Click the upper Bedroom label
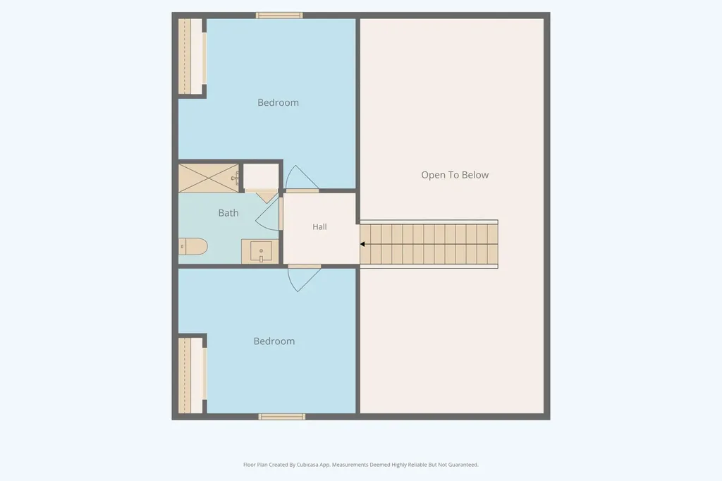pos(278,102)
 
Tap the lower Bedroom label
pos(274,341)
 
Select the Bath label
pos(228,213)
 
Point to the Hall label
pos(319,226)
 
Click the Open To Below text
pos(455,175)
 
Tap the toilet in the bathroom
pos(193,246)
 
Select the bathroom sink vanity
pos(260,252)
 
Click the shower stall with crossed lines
pos(209,178)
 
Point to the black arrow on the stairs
pos(362,244)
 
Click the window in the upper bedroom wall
pos(279,16)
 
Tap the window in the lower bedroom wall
pos(282,417)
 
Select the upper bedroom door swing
pos(302,178)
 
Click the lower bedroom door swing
pos(304,279)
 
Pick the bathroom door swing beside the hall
pos(268,214)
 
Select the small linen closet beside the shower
pos(261,177)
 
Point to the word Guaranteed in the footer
pos(463,465)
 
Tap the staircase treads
pos(429,244)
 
